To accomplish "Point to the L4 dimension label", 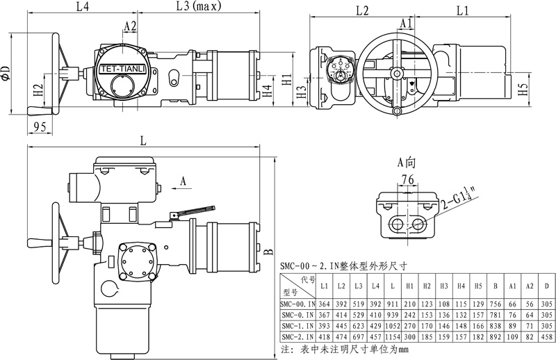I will [81, 8].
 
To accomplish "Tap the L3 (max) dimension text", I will [197, 8].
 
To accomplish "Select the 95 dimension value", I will [40, 126].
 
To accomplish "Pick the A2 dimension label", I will [130, 26].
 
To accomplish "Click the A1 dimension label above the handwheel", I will [407, 24].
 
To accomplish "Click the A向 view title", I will [406, 163].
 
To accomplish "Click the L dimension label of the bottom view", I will [142, 140].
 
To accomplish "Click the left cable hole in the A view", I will [398, 224].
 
